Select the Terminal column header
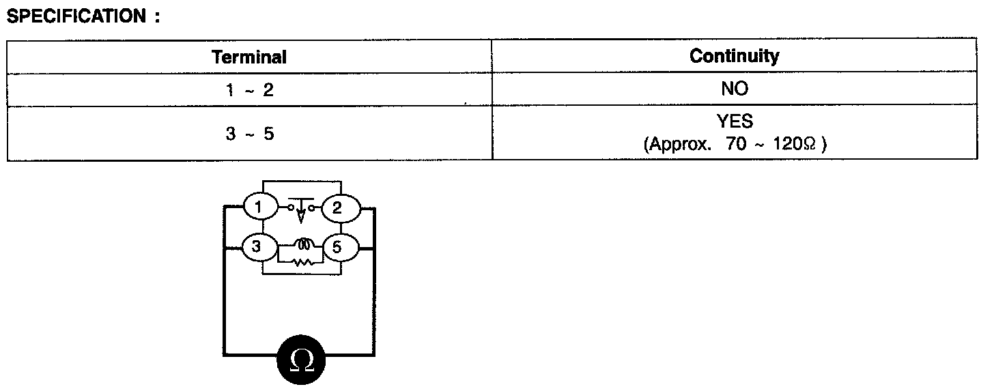[249, 57]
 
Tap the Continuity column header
[734, 56]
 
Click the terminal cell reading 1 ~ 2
[249, 90]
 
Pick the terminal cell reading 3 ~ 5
[249, 134]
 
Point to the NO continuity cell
[734, 89]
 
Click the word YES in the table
[735, 122]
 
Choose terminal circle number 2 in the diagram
[337, 208]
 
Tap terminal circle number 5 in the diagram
[337, 248]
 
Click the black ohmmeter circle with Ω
[300, 360]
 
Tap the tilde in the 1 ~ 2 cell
[249, 91]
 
